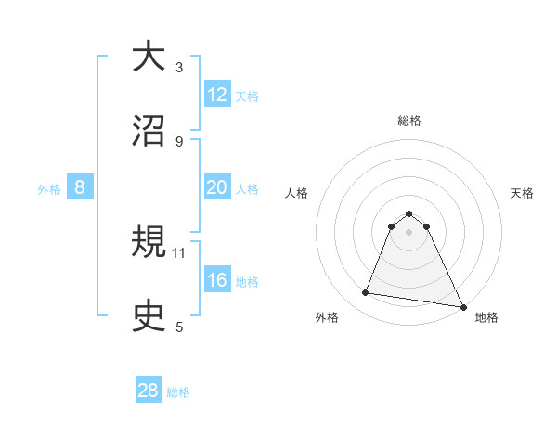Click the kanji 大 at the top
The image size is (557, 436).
[149, 57]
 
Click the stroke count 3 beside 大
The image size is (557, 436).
[179, 67]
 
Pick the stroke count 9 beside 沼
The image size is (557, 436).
[179, 141]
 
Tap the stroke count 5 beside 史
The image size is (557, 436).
[179, 327]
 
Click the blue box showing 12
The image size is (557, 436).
[217, 95]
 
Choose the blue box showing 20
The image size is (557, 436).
[217, 187]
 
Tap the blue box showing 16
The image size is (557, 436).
[217, 280]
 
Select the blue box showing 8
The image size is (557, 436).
[80, 187]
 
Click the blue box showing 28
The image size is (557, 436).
[149, 391]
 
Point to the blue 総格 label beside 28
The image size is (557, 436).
[179, 392]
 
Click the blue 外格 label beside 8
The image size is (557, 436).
[49, 189]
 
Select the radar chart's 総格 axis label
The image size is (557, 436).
[409, 121]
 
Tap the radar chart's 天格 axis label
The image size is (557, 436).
[523, 193]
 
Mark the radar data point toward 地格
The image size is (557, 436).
[461, 306]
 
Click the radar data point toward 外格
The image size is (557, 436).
[366, 293]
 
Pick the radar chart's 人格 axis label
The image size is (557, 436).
[296, 193]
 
